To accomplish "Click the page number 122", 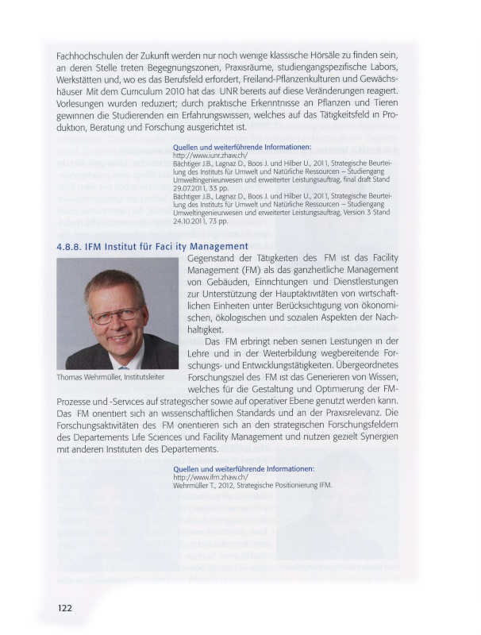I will (x=64, y=608).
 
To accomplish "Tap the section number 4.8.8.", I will (x=72, y=247).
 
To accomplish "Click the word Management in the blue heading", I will (x=214, y=247).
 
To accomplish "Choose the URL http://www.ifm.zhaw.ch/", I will (x=205, y=477).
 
